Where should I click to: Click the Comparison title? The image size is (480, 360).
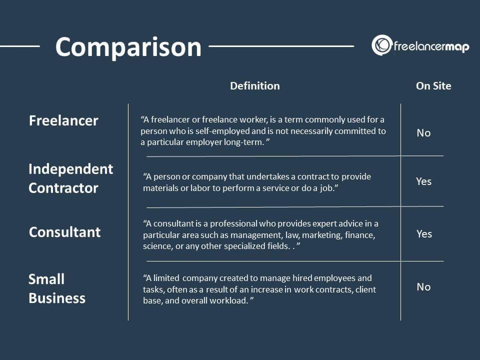click(x=128, y=47)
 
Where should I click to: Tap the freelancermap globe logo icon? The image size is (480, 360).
click(x=381, y=45)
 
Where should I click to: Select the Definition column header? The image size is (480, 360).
click(x=254, y=86)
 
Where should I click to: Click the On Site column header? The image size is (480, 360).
click(x=433, y=86)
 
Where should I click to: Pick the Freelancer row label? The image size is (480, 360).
click(x=63, y=120)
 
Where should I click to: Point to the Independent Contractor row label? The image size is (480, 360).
click(x=70, y=178)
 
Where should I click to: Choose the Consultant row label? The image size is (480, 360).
click(x=64, y=232)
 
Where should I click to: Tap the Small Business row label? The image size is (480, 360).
click(x=57, y=288)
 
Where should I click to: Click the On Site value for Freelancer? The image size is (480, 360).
click(x=423, y=133)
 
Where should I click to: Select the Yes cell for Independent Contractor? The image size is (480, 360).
click(x=423, y=181)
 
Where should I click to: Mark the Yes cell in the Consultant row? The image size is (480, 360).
click(x=424, y=234)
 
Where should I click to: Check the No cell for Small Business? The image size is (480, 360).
click(x=423, y=287)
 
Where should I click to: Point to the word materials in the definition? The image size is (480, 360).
click(x=160, y=188)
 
